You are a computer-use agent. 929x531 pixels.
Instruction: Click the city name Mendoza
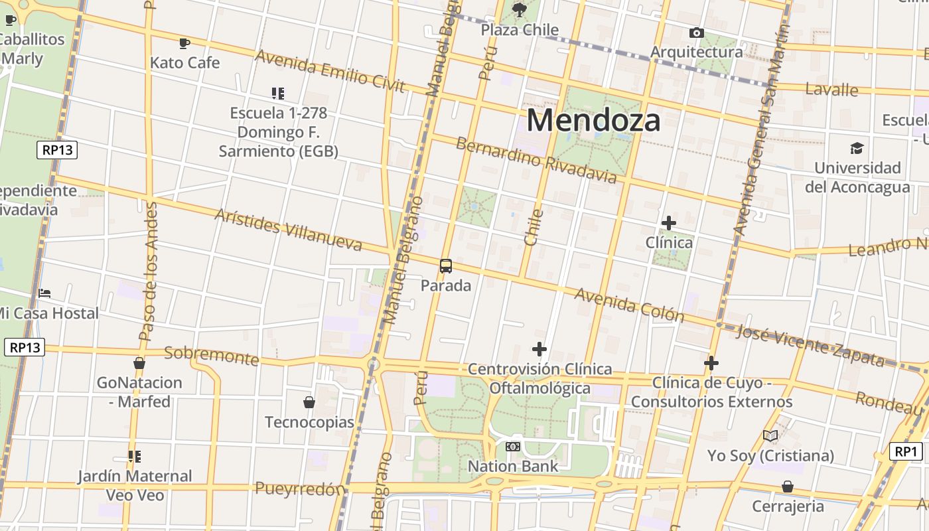(x=593, y=121)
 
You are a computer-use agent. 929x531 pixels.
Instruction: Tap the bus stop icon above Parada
(x=446, y=266)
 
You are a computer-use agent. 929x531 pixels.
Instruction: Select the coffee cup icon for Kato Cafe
(x=184, y=44)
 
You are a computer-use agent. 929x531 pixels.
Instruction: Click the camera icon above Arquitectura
(x=696, y=33)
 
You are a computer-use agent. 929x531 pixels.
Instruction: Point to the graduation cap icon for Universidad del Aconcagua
(x=857, y=148)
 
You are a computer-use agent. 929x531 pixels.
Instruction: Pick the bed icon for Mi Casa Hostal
(x=44, y=293)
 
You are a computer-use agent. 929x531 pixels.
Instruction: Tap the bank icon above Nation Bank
(x=513, y=447)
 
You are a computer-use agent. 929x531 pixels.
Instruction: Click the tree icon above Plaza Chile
(x=520, y=9)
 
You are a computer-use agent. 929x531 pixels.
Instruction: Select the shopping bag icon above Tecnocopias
(x=309, y=402)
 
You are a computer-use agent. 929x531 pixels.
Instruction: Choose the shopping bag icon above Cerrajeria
(x=788, y=487)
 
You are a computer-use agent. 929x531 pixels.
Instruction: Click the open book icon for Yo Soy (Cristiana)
(x=770, y=436)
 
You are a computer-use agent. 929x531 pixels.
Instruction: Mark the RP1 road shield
(x=906, y=452)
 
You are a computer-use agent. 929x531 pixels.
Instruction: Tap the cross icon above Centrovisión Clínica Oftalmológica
(x=539, y=349)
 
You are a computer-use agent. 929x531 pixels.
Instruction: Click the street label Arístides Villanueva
(x=289, y=230)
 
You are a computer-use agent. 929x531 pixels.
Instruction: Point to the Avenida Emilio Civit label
(x=330, y=70)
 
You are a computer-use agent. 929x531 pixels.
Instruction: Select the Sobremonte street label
(x=211, y=355)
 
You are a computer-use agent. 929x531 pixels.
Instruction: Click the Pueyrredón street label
(x=301, y=490)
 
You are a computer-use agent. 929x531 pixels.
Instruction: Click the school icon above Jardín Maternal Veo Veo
(x=135, y=457)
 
